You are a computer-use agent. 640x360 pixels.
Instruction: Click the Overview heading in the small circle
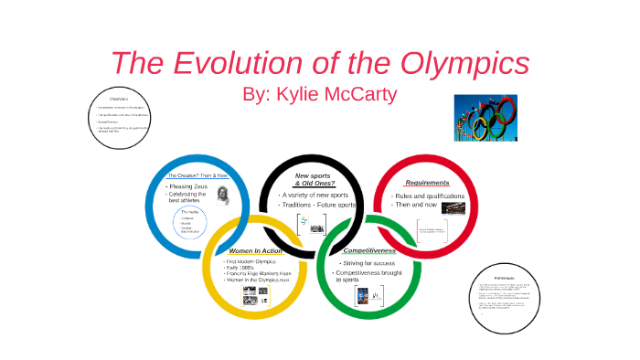[x=123, y=98]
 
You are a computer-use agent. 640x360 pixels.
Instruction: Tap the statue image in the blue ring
[x=223, y=195]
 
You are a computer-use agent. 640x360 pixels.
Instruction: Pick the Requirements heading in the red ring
[x=427, y=183]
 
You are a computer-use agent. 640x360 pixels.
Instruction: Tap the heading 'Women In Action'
[x=256, y=249]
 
